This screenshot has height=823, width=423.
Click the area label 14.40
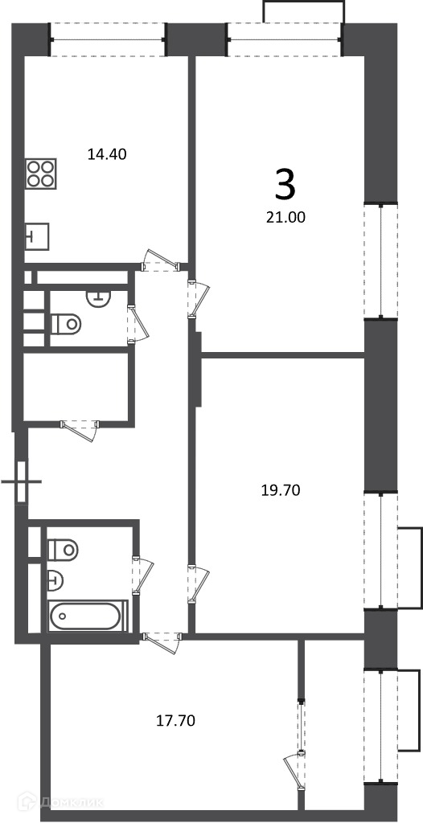(x=107, y=154)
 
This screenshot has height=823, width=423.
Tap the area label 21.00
(x=286, y=217)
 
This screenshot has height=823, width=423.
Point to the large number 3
(x=285, y=186)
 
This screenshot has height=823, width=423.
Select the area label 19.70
(x=281, y=490)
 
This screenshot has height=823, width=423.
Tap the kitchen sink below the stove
(x=37, y=236)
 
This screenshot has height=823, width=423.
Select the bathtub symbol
(x=88, y=616)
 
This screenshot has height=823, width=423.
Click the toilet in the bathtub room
(x=63, y=550)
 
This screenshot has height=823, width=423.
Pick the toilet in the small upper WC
(x=66, y=323)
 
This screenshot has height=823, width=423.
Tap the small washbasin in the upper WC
(x=98, y=297)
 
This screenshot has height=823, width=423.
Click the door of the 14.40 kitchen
(x=161, y=260)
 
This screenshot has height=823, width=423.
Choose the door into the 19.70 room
(x=198, y=583)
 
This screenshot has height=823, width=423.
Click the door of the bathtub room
(x=142, y=575)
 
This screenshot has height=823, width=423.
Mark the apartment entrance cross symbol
(x=22, y=481)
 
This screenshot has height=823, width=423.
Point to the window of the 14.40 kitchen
(x=108, y=39)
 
